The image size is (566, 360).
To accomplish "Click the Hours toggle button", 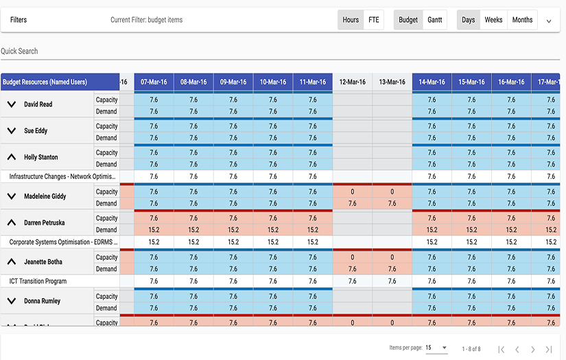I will coord(351,20).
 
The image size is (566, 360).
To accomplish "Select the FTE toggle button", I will coord(373,20).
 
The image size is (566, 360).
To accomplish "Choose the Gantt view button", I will coord(434,20).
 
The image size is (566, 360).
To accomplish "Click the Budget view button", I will coord(408,20).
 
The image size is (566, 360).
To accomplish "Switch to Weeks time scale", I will coord(493,20).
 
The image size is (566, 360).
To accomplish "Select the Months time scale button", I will coord(522,20).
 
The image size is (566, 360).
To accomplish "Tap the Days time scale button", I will coord(469,20).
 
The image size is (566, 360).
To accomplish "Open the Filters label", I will coord(19,20).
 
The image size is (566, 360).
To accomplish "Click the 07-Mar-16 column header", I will coord(154,82).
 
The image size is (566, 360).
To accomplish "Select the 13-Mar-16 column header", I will coord(392,82).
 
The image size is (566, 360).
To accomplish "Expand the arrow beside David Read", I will coord(11,105).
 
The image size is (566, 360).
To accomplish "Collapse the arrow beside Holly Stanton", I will coord(11,157).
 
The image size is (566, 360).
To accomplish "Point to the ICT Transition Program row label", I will coord(38,281).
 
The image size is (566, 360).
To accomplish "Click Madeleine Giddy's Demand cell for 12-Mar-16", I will coord(353,204).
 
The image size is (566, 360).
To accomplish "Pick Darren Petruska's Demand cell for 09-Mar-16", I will coord(233,230).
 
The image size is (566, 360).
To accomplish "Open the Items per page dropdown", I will coord(436,348).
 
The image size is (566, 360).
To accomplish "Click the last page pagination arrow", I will coord(549,349).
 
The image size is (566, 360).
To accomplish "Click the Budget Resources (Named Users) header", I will coord(45,82).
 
